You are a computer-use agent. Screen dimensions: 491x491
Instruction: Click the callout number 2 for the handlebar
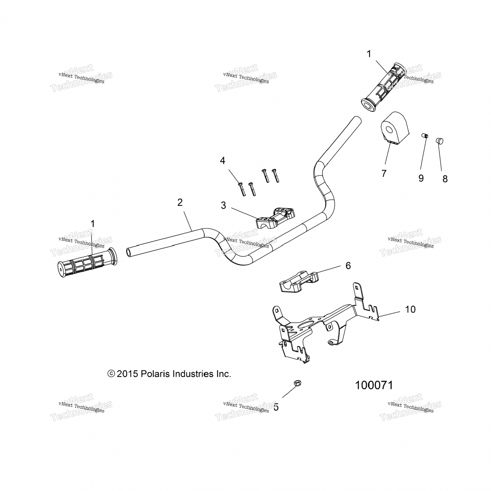(180, 203)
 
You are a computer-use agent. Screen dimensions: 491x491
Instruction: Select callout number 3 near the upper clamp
(223, 206)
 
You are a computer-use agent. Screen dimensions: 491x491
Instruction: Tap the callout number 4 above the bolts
(223, 161)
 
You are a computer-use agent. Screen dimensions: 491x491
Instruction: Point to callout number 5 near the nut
(276, 407)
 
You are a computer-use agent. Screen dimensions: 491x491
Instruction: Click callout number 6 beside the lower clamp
(348, 265)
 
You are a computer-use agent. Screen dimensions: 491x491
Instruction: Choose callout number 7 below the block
(384, 173)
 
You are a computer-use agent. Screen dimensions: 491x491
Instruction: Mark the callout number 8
(445, 179)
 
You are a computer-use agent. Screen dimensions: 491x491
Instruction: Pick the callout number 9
(421, 178)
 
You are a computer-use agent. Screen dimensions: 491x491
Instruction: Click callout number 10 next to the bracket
(410, 309)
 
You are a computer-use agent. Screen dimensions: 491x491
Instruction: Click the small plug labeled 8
(440, 141)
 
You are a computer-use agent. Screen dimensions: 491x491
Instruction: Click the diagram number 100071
(374, 385)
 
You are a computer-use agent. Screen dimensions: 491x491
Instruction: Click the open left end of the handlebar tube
(129, 252)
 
